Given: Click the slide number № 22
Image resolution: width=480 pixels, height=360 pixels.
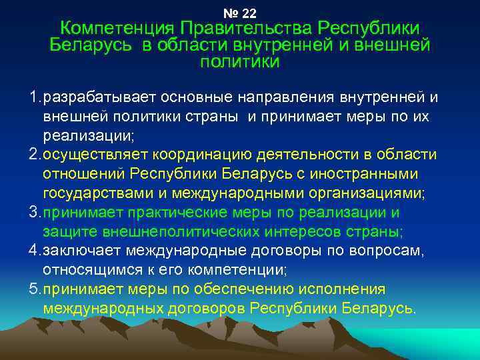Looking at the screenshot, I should click(x=241, y=13).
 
